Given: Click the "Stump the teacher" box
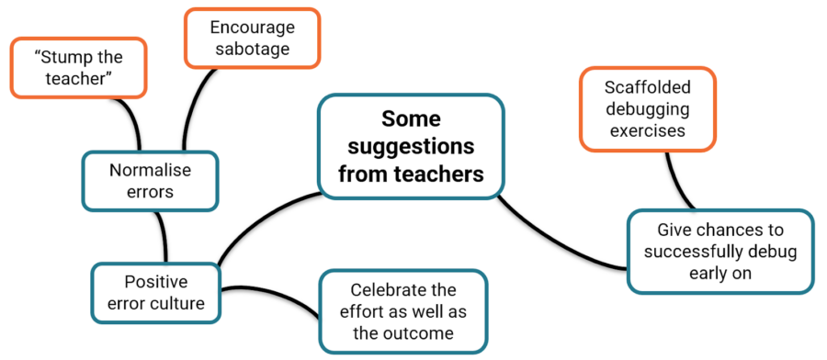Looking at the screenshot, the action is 78,68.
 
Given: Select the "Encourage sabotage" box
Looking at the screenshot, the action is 252,38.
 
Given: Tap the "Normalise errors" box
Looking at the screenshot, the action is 151,180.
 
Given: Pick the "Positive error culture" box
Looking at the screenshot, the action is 155,291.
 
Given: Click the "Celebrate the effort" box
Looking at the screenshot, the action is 403,311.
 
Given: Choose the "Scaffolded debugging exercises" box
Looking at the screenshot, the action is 648,108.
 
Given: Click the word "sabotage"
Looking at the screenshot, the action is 252,49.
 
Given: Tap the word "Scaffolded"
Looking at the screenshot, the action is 648,87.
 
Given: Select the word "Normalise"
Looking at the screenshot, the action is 151,170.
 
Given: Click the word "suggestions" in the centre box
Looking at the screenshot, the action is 412,147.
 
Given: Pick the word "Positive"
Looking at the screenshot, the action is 155,281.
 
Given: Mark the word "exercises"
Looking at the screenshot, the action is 648,130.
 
